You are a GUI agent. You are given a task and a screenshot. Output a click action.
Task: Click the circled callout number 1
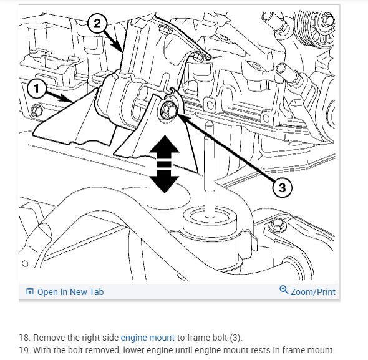pos(36,89)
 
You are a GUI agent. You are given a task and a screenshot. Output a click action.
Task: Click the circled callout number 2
pos(97,24)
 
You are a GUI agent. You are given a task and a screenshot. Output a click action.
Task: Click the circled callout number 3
pos(283,187)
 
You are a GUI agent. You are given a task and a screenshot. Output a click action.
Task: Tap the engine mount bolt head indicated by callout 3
pos(168,110)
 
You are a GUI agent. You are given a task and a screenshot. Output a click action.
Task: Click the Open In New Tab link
pos(70,292)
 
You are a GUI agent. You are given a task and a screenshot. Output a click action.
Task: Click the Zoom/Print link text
pos(313,292)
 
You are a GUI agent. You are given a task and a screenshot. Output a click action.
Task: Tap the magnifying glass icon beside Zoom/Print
pos(284,289)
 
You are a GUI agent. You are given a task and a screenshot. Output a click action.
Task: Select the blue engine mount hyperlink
pos(147,338)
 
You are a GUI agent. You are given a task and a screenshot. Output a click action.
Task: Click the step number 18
pos(24,338)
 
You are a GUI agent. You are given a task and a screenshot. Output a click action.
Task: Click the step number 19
pos(24,350)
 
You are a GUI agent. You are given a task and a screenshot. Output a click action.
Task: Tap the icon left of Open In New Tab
pos(30,291)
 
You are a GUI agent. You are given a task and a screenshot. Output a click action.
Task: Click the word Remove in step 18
pos(49,338)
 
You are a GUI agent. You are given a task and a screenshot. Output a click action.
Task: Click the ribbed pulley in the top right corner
pos(313,27)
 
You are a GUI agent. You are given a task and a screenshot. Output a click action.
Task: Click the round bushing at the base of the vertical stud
pos(210,220)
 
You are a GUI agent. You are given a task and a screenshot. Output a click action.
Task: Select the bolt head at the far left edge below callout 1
pos(37,110)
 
